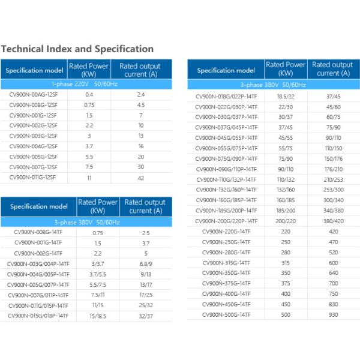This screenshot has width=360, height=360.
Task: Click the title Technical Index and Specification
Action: [x=78, y=49]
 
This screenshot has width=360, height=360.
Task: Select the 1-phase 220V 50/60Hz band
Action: [x=86, y=84]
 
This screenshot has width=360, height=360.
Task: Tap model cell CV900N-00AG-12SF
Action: [x=34, y=95]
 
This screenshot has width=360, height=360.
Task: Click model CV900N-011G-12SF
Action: [x=34, y=178]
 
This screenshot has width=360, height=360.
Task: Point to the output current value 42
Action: [x=141, y=178]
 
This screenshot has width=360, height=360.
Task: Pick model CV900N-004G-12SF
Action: [x=34, y=146]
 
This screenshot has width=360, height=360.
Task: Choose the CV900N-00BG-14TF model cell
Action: [x=38, y=233]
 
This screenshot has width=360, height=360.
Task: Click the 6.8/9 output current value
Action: [x=145, y=264]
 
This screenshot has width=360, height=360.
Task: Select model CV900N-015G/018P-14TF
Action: [x=38, y=316]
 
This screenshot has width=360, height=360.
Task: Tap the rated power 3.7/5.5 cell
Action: [x=98, y=274]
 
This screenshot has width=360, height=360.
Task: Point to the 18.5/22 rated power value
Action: [x=286, y=96]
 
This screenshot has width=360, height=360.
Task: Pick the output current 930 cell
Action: [x=333, y=314]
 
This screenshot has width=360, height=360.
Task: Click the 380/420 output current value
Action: [x=333, y=221]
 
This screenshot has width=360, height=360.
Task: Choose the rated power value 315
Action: [x=286, y=263]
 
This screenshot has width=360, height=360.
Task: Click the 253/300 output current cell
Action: [x=333, y=190]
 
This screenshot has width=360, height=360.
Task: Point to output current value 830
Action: [x=333, y=304]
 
